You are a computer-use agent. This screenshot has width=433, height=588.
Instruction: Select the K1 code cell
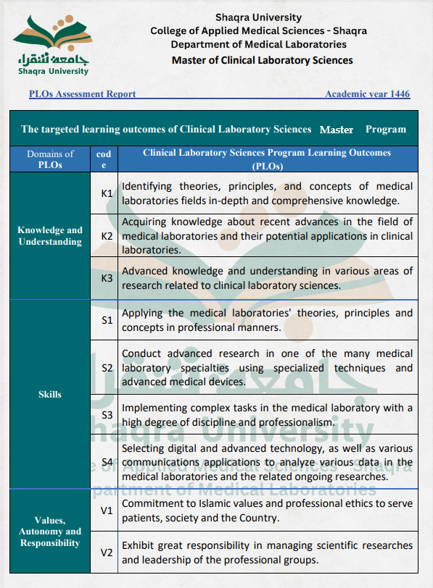point(107,193)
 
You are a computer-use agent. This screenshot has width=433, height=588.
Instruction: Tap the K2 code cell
point(107,236)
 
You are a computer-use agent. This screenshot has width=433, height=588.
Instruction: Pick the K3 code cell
point(107,278)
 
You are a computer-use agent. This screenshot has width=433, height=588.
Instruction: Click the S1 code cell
point(107,320)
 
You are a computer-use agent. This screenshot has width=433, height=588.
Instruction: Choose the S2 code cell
point(107,368)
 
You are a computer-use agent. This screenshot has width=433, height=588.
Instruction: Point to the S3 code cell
point(107,415)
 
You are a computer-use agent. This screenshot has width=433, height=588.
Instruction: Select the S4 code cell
point(107,462)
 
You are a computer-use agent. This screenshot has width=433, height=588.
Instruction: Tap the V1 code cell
point(107,511)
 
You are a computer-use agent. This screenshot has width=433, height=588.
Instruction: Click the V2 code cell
point(107,553)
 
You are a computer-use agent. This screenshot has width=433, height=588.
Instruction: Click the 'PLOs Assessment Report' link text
point(82,94)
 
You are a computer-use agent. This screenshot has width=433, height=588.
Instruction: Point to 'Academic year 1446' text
point(367,94)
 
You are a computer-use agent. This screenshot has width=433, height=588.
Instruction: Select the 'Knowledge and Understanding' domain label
point(50,236)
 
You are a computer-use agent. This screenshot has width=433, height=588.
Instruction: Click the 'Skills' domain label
point(50,395)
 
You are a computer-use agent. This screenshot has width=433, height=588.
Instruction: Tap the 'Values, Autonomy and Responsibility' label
point(50,532)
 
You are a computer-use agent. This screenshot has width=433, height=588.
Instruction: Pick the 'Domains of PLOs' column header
point(50,159)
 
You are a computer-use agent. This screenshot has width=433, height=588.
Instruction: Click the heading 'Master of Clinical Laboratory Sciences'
point(262,60)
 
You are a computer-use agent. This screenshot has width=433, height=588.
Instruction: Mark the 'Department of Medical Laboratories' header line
point(259,45)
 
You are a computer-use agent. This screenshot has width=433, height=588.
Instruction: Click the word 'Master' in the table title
point(336,130)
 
